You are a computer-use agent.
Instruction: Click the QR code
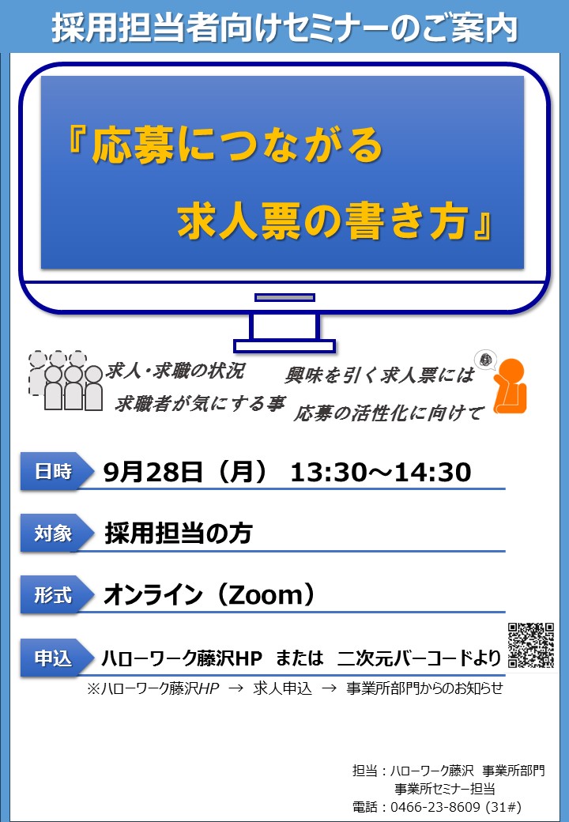[x=531, y=645]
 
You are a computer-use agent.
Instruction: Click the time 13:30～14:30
[x=381, y=472]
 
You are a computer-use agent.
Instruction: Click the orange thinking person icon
[x=509, y=386]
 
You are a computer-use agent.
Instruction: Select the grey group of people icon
[x=65, y=380]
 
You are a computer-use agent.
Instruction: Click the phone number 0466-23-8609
[x=435, y=807]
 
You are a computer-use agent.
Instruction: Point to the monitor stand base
[x=284, y=346]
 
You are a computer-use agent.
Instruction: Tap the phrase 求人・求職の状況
[x=175, y=371]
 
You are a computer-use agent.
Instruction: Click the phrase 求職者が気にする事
[x=200, y=404]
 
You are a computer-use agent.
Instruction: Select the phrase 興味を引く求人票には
[x=380, y=375]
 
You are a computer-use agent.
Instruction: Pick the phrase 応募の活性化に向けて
[x=388, y=413]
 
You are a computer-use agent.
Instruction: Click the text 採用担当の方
[x=179, y=534]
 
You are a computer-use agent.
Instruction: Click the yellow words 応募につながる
[x=237, y=145]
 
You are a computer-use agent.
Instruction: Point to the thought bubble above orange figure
[x=485, y=360]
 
